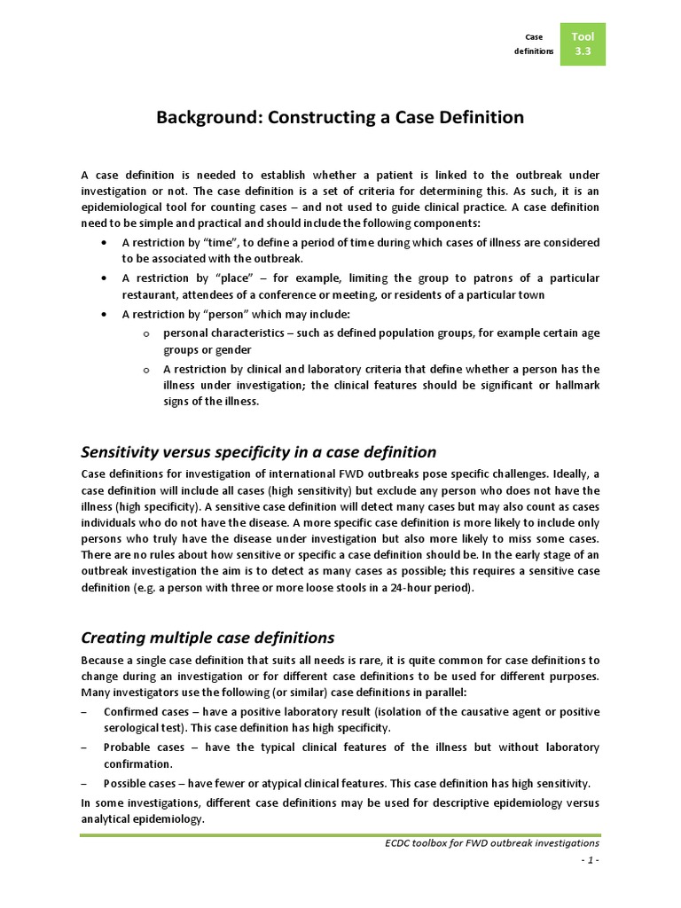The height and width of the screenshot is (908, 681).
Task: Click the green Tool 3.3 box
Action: pos(583,44)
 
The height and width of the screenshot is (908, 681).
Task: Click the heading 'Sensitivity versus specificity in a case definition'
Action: pos(258,452)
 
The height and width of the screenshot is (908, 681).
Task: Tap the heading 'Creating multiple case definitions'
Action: pos(207,638)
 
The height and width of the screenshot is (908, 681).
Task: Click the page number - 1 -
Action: pos(588,861)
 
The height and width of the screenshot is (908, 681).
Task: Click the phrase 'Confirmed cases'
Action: pos(148,712)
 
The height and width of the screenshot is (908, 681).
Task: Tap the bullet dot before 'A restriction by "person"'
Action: pos(106,314)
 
